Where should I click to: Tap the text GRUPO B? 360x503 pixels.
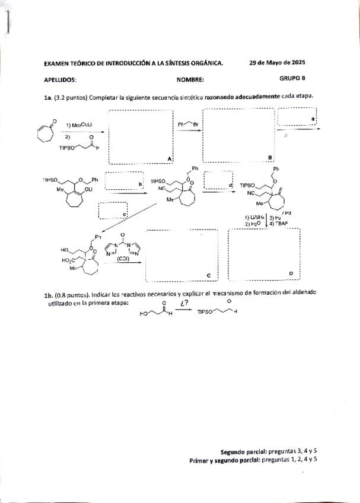[292, 78]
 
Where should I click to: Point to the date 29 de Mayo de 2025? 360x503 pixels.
[277, 62]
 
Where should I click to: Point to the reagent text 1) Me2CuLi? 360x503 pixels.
[79, 125]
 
